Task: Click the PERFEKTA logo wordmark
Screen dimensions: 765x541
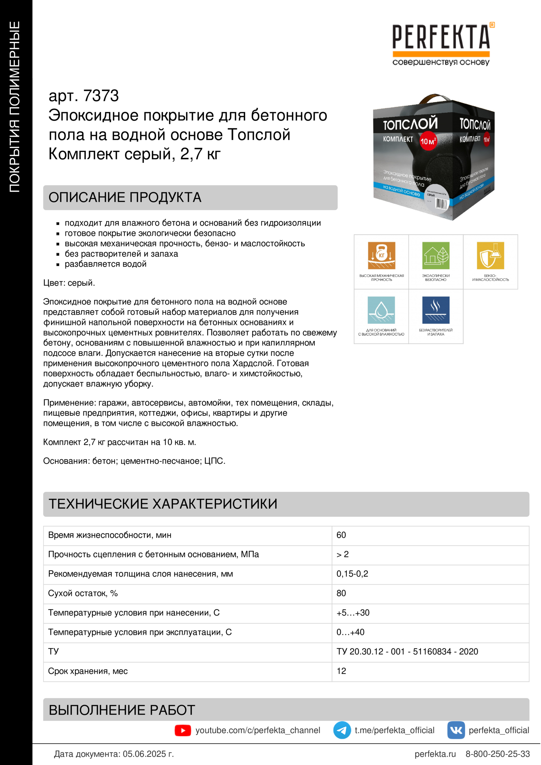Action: tap(441, 37)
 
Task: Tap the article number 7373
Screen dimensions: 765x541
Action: tap(101, 96)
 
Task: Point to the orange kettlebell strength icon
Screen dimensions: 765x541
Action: tap(381, 255)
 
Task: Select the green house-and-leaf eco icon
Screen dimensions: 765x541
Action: tap(436, 255)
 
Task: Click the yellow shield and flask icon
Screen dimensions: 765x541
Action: tap(490, 255)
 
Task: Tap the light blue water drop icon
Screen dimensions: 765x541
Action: tap(381, 310)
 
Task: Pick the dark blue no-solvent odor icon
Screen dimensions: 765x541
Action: tap(436, 310)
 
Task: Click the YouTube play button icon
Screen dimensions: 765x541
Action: tap(183, 730)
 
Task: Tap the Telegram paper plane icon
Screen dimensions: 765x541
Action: tap(342, 730)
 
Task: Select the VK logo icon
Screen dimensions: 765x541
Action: tap(456, 730)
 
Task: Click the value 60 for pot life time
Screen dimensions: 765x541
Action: tap(341, 535)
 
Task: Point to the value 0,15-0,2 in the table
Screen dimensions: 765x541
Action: tap(352, 574)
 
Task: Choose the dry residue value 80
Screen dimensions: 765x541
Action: tap(341, 593)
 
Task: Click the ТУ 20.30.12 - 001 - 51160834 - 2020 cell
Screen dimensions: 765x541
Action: tap(407, 652)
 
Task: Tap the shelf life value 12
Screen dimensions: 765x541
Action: tap(341, 671)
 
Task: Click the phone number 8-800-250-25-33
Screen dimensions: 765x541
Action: tap(497, 754)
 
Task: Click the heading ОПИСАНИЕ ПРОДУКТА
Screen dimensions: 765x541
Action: tap(125, 198)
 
